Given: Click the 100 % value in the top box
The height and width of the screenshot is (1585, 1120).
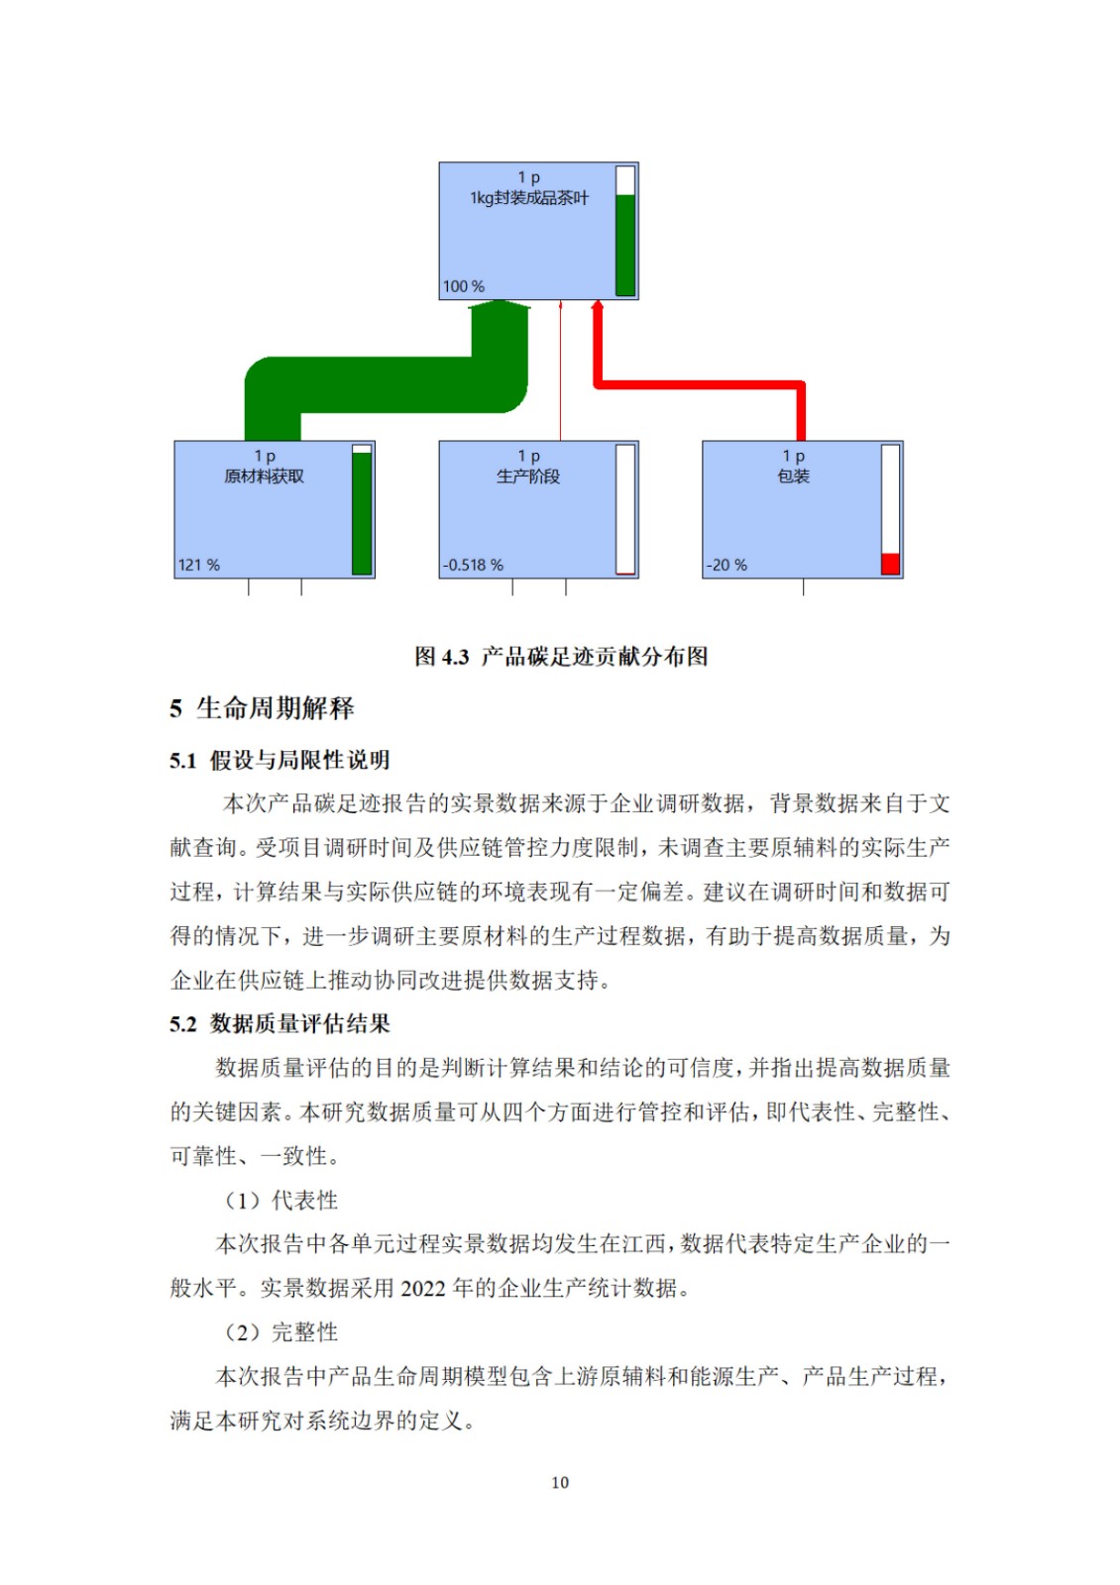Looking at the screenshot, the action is pyautogui.click(x=463, y=286).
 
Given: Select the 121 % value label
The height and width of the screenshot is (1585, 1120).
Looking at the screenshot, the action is pyautogui.click(x=199, y=565).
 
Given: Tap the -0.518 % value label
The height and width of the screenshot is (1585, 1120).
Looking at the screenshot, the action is pyautogui.click(x=473, y=565).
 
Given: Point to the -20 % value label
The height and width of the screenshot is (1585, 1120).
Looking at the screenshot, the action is pyautogui.click(x=727, y=565).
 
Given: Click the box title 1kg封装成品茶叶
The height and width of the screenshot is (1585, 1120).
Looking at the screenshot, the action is pyautogui.click(x=529, y=198).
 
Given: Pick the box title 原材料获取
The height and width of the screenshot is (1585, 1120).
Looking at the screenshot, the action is pyautogui.click(x=264, y=476).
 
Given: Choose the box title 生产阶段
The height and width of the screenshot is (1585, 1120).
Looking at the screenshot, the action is pyautogui.click(x=528, y=476).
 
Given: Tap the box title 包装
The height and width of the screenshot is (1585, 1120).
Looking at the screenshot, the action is pyautogui.click(x=793, y=476).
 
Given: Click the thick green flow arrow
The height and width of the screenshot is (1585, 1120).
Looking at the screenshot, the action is pyautogui.click(x=386, y=384).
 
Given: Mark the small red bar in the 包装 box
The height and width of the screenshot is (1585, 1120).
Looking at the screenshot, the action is pyautogui.click(x=890, y=564).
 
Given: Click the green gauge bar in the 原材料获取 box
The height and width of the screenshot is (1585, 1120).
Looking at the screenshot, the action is pyautogui.click(x=362, y=513).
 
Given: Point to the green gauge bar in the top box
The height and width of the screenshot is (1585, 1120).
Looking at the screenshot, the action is pyautogui.click(x=625, y=245).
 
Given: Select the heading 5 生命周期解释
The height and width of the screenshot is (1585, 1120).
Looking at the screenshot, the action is pyautogui.click(x=262, y=707).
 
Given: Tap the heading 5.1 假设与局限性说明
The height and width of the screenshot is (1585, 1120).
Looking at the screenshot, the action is pyautogui.click(x=280, y=760).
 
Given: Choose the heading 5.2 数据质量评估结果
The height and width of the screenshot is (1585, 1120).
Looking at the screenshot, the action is pyautogui.click(x=280, y=1023).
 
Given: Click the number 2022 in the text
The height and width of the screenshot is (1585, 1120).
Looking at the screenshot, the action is pyautogui.click(x=423, y=1288).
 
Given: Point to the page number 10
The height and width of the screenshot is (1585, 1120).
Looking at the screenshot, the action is pyautogui.click(x=560, y=1482).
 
